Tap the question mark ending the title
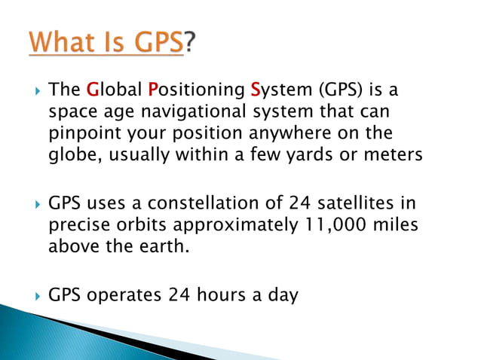194,43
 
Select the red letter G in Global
93,91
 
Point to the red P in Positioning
152,91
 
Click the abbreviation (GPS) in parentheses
332,91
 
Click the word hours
223,294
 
